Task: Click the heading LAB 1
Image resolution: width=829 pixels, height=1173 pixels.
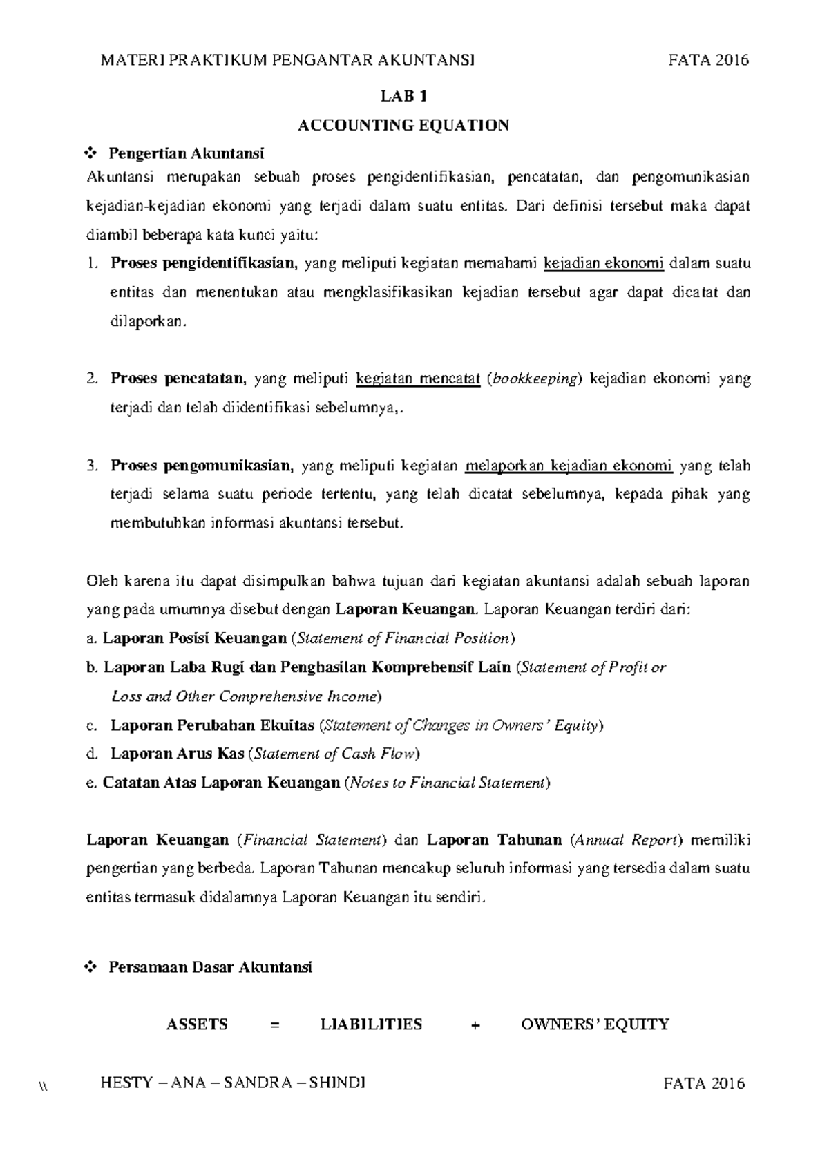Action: pos(403,96)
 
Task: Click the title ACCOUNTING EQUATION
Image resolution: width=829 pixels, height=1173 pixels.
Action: pos(403,125)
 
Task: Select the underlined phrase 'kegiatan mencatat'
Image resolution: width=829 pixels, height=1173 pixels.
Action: pos(418,379)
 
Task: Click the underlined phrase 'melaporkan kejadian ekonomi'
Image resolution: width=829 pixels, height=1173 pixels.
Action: pos(569,466)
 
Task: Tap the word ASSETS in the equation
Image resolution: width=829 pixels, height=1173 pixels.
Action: pos(197,1024)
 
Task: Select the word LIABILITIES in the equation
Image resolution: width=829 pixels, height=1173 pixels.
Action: pos(371,1024)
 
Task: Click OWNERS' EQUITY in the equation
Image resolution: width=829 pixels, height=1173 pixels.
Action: pos(595,1024)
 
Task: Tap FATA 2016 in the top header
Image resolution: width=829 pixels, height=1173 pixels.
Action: pos(708,60)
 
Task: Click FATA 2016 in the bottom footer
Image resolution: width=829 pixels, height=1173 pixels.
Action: pos(704,1083)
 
